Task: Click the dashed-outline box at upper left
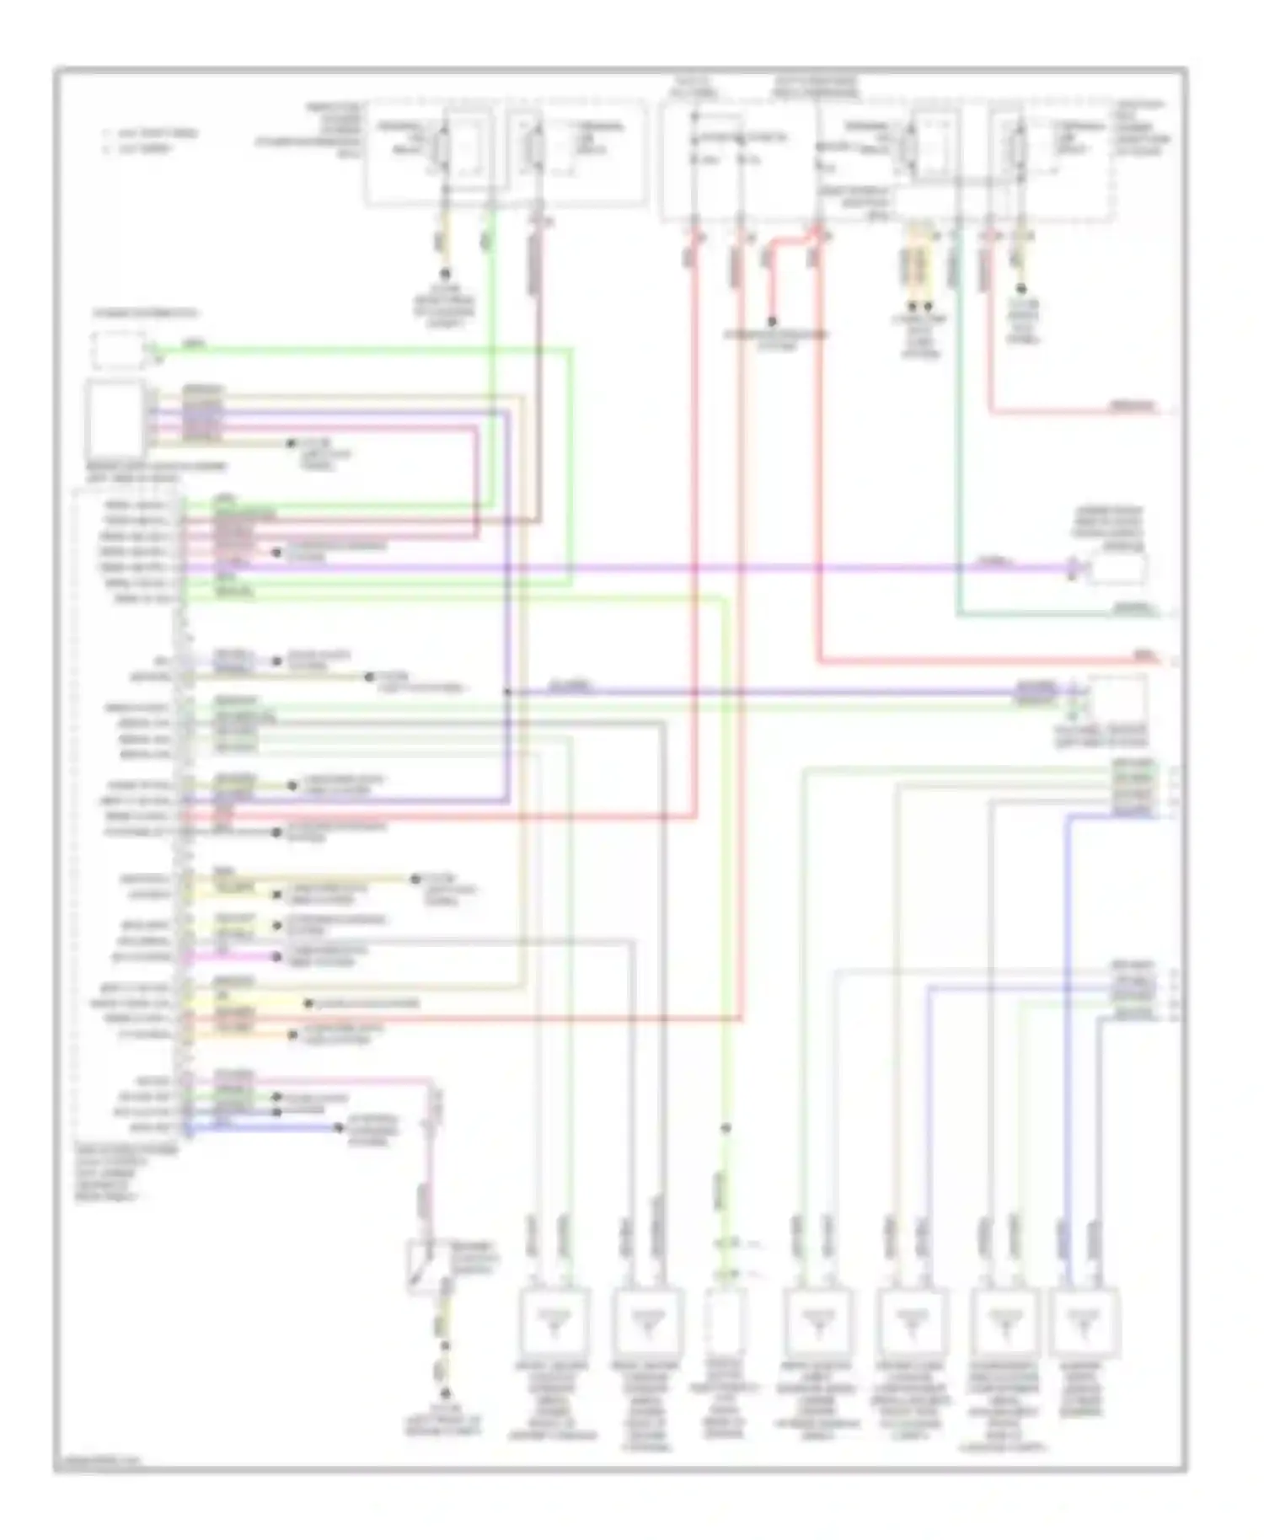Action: (x=118, y=350)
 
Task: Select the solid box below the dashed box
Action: (x=115, y=419)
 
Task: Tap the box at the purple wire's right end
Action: (x=1116, y=569)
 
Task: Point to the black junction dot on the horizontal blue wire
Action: (x=507, y=692)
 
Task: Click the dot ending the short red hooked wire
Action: (x=772, y=322)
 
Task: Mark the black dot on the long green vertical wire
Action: (x=726, y=1127)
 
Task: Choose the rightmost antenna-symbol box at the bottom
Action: (x=1085, y=1320)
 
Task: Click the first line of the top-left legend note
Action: (x=150, y=133)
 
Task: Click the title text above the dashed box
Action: (x=146, y=314)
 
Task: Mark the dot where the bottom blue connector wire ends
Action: (x=339, y=1127)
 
